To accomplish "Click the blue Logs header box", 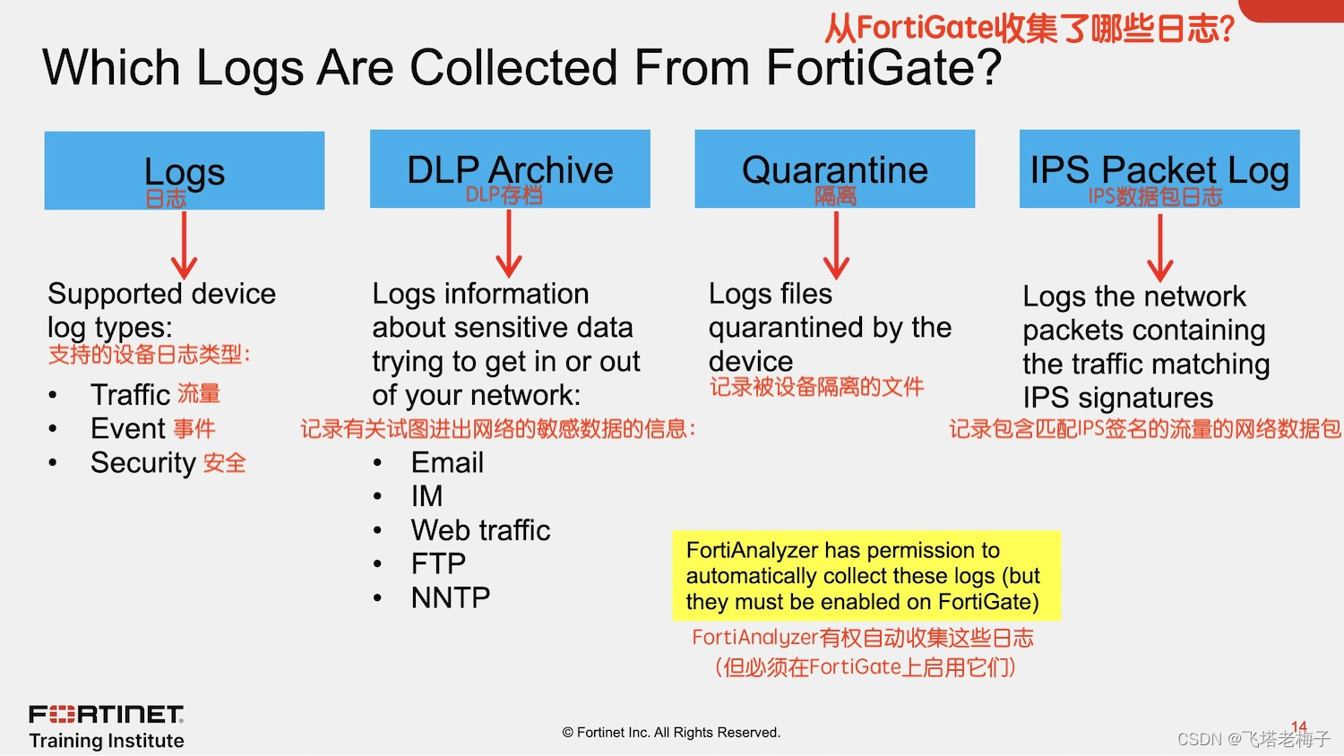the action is [184, 170].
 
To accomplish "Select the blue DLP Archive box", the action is [510, 168].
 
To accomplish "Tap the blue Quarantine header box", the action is [834, 168].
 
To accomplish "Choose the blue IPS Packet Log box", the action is [1159, 168].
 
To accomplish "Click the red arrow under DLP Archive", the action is [509, 244].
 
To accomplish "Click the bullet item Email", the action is [447, 462].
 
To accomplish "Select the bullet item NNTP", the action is [450, 597].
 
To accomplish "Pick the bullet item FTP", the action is [438, 563].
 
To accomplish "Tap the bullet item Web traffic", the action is [480, 530].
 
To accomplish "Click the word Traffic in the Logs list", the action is [130, 394].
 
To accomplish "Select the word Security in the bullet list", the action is [143, 462].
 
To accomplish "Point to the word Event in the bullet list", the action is [128, 428].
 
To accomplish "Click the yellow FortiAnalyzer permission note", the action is [866, 575].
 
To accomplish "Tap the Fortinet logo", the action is [107, 715].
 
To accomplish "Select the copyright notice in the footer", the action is [671, 733].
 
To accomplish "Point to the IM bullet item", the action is [426, 496].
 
